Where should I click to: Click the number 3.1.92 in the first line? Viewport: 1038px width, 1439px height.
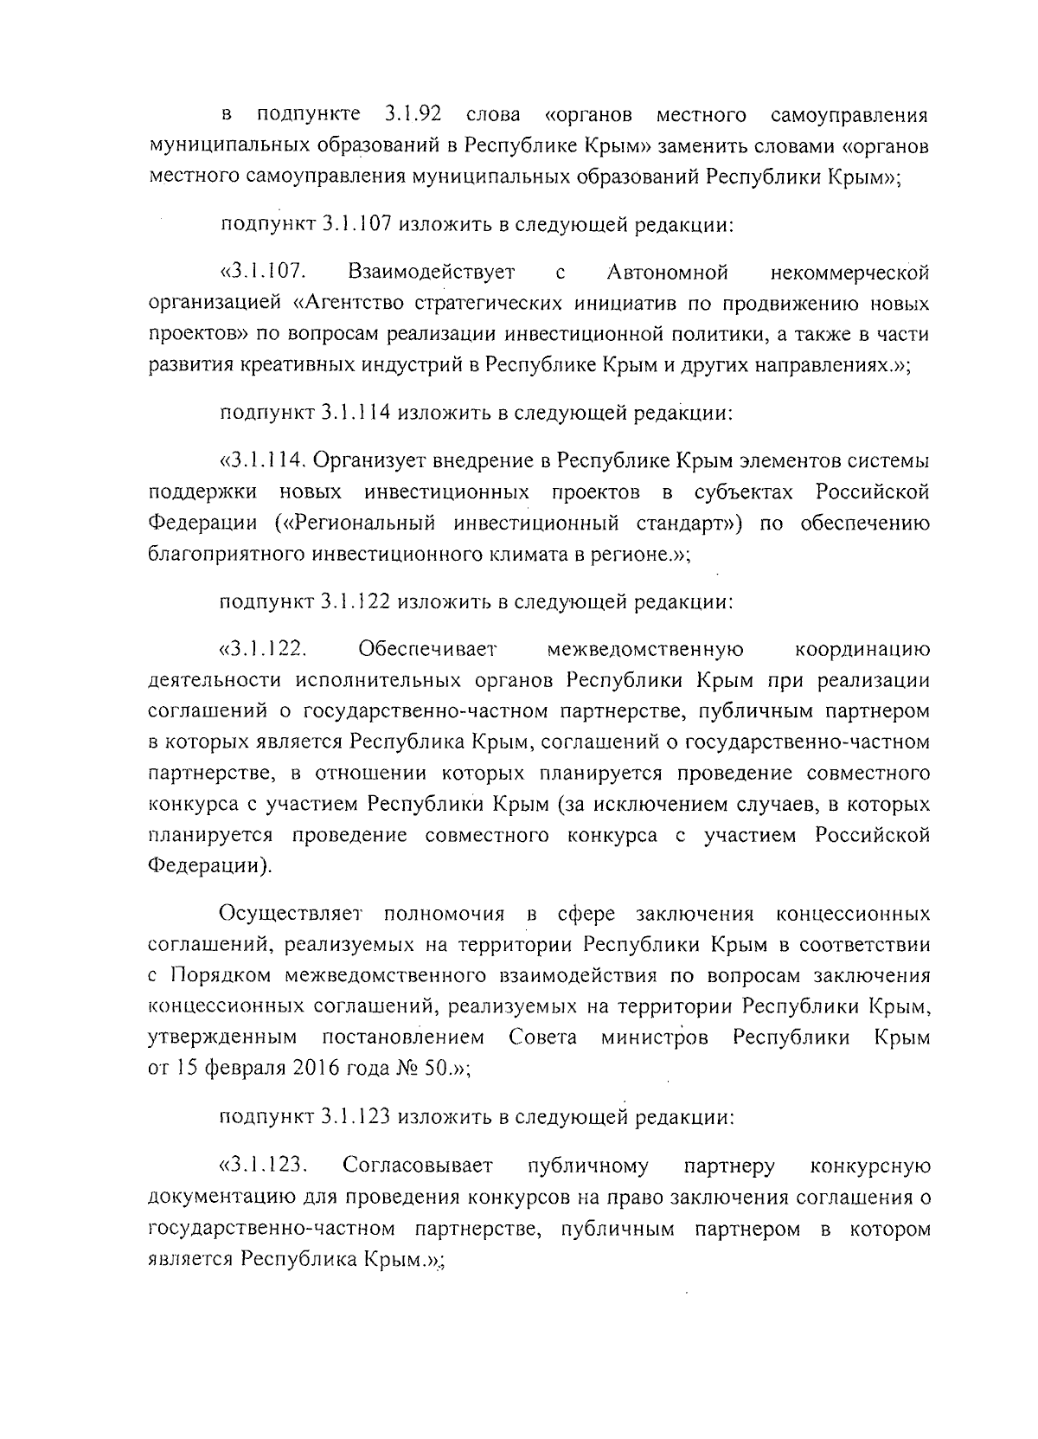point(411,114)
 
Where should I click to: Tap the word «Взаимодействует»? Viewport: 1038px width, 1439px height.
point(432,273)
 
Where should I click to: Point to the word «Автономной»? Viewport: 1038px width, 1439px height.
point(668,273)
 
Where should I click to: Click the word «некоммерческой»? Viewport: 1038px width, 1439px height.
point(850,273)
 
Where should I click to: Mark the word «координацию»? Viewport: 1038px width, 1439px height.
point(862,648)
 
